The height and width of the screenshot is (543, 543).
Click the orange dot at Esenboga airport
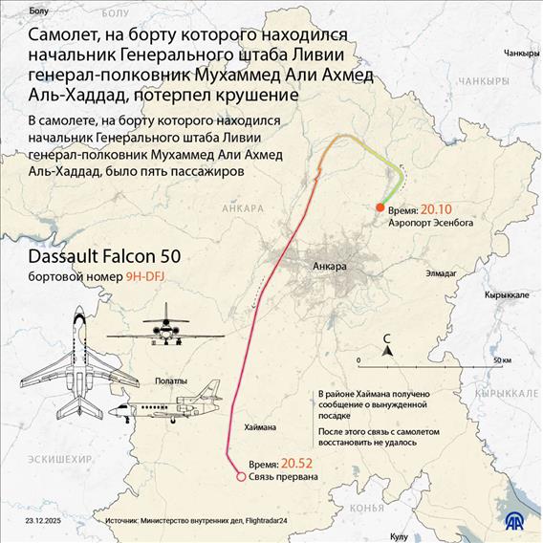coord(380,206)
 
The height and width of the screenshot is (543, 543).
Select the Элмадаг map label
coord(443,273)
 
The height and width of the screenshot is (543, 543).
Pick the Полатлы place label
coord(171,380)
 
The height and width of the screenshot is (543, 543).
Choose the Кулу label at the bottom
coord(400,536)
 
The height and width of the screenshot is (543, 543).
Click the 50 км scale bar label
coord(503,360)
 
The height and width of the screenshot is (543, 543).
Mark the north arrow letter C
coord(386,338)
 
